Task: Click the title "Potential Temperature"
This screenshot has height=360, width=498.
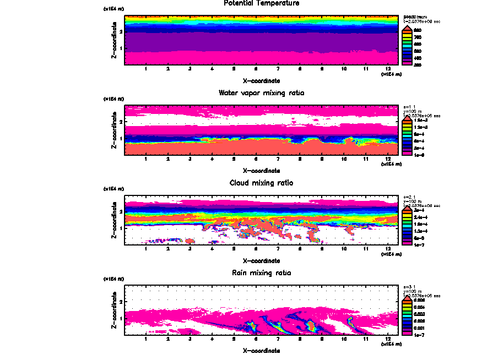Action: pos(261,3)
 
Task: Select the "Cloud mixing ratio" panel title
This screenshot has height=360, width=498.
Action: pos(261,183)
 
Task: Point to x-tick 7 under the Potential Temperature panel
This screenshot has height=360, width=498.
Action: pos(278,69)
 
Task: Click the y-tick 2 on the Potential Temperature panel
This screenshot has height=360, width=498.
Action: pos(121,32)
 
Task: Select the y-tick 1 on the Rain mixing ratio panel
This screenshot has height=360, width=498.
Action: pos(121,318)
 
